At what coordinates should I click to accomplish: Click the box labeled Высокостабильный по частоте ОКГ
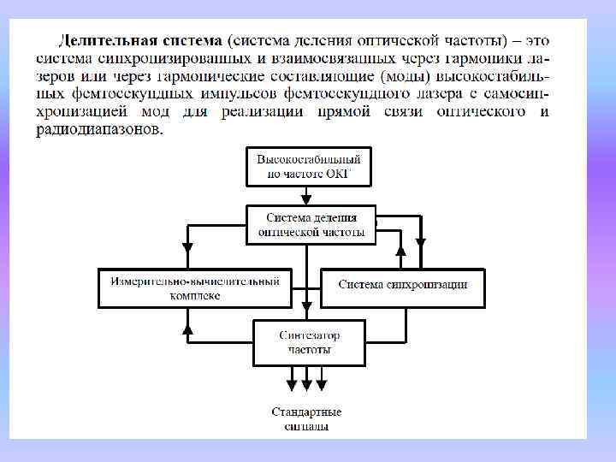(x=309, y=165)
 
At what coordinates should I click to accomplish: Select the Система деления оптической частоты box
(x=311, y=224)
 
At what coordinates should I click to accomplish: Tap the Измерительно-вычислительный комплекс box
(x=195, y=287)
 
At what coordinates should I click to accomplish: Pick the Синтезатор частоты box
(x=309, y=342)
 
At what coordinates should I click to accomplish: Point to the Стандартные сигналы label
(x=306, y=418)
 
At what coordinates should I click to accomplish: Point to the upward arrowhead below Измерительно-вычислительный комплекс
(x=187, y=328)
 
